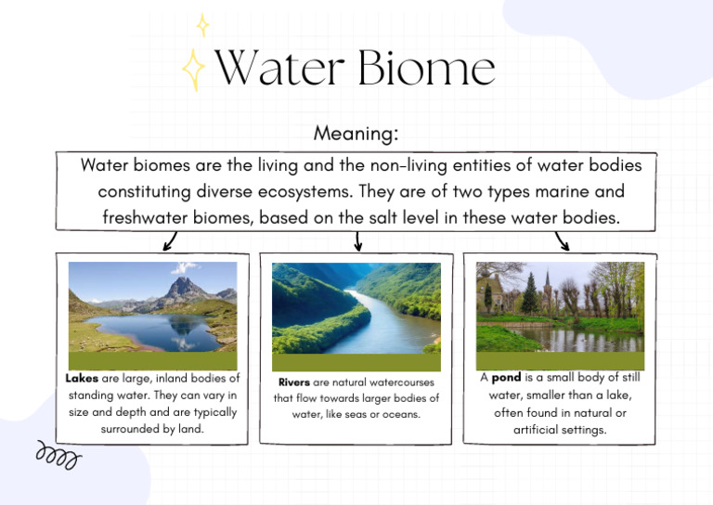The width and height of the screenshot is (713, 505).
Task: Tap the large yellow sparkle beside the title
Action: click(193, 71)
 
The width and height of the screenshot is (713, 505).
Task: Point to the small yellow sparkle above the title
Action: click(202, 25)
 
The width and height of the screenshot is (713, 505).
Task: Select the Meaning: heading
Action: click(356, 134)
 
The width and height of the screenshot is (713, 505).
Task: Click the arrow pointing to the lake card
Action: click(169, 242)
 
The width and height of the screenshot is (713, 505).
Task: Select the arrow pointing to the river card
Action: click(358, 241)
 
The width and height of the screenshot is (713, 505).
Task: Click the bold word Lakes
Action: click(82, 379)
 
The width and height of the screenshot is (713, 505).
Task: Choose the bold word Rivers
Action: click(294, 382)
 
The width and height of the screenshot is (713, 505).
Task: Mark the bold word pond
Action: click(506, 379)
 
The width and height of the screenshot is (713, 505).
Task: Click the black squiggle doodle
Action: click(58, 455)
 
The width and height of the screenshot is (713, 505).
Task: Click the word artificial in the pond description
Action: click(535, 430)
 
